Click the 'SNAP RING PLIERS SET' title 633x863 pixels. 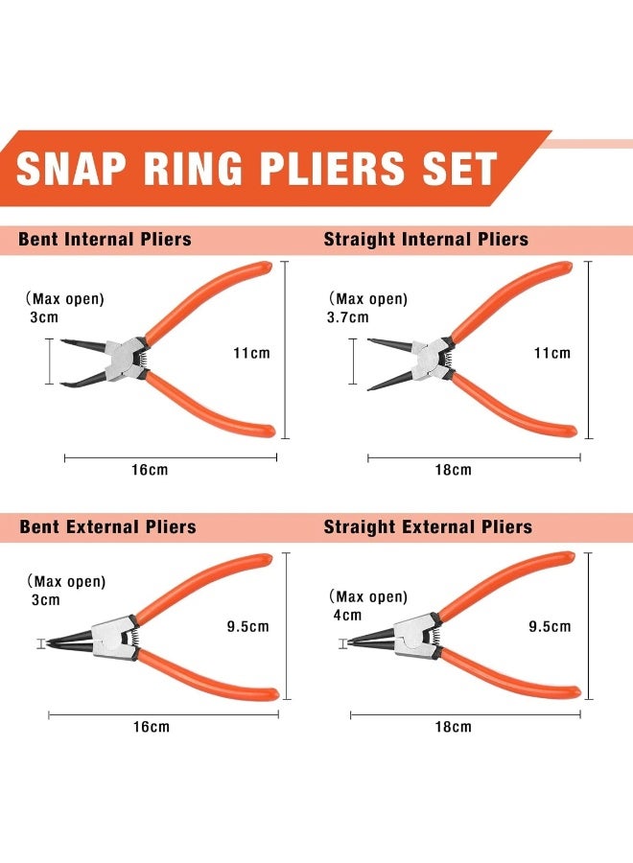257,169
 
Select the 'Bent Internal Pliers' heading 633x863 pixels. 105,239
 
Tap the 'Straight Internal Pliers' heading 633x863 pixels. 426,239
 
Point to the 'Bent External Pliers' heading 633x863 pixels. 107,526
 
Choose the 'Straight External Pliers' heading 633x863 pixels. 428,526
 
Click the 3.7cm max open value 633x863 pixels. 348,316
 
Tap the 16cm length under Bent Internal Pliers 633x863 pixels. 150,470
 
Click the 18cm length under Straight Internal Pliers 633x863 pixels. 453,470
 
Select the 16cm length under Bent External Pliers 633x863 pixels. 151,727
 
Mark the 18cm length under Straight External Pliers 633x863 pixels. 453,727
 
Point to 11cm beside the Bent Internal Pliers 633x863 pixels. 251,353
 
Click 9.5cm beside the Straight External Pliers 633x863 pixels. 550,627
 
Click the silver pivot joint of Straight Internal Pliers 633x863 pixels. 430,358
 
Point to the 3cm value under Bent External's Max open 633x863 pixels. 45,600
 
